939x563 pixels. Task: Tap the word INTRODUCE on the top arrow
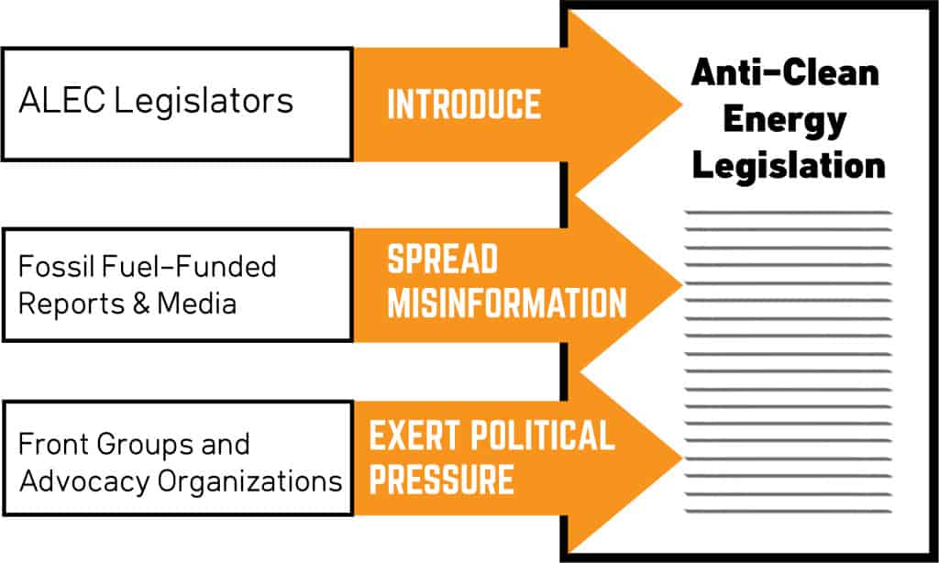click(464, 105)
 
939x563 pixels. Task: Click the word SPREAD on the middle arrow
click(442, 260)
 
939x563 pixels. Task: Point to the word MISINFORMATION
click(506, 304)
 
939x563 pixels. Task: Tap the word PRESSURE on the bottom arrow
click(440, 479)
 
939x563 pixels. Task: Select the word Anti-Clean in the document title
click(785, 72)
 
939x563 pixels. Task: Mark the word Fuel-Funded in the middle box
click(190, 267)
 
